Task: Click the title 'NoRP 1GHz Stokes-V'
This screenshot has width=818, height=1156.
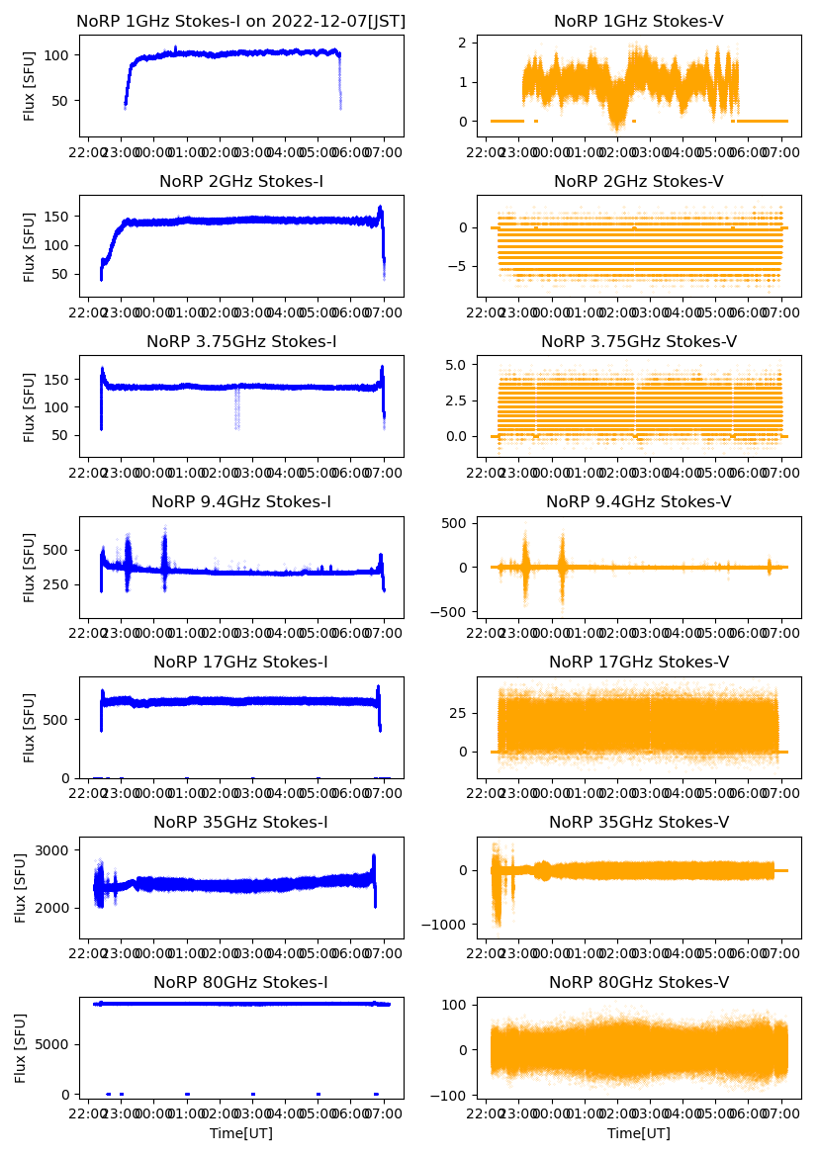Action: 638,21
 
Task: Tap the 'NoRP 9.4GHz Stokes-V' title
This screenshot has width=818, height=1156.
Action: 638,502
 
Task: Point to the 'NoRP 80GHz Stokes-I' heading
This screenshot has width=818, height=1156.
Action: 241,982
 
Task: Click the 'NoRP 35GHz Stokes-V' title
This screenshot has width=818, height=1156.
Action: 638,822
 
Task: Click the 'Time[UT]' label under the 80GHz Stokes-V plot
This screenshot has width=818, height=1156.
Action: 638,1133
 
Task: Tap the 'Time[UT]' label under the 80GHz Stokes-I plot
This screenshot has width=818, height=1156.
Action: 241,1133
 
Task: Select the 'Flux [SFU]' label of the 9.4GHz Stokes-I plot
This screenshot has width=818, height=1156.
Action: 30,567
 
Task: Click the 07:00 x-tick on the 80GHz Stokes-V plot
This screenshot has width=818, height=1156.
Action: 781,1114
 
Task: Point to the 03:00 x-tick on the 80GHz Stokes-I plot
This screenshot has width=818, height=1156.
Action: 252,1114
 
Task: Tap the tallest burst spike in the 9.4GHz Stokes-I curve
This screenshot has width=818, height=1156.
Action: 164,528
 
